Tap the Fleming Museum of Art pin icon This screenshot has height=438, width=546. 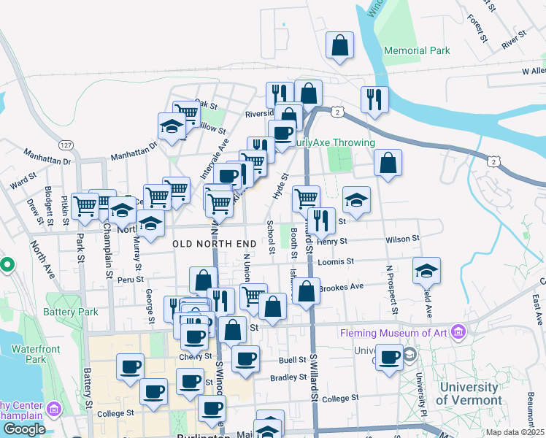click(458, 333)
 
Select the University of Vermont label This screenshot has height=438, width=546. click(469, 393)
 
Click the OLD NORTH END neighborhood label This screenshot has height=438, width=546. click(215, 243)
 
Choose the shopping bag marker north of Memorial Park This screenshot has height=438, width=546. click(340, 45)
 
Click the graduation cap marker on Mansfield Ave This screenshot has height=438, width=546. click(426, 272)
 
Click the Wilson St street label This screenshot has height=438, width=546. click(403, 239)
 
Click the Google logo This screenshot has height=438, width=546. click(23, 429)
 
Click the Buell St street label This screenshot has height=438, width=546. click(291, 361)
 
